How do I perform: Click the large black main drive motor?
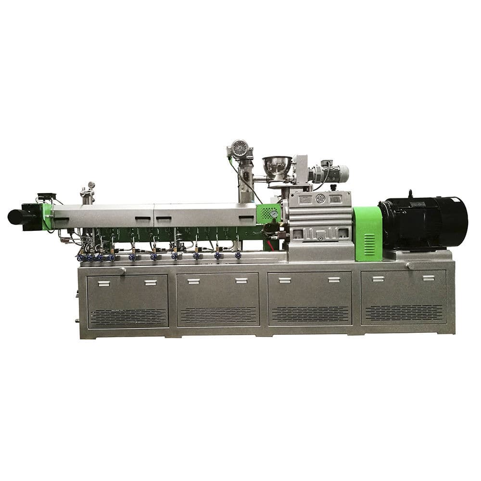423,223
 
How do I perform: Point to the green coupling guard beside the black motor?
367,233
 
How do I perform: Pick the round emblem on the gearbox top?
320,198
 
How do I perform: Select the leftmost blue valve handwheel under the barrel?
80,258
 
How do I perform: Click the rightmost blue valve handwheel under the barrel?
238,255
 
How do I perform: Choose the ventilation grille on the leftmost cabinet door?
128,316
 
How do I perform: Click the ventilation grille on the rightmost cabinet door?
404,313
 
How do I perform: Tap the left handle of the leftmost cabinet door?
104,283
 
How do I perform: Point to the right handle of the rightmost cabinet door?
428,278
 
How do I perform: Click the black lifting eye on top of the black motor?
410,193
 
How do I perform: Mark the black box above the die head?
47,196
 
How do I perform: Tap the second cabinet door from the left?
217,299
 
